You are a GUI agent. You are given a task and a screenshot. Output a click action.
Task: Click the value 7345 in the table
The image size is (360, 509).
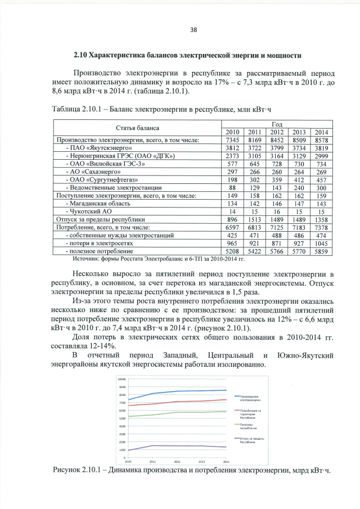pyautogui.click(x=232, y=139)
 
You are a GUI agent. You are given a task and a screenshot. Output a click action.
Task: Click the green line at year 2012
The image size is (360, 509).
pyautogui.click(x=176, y=412)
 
